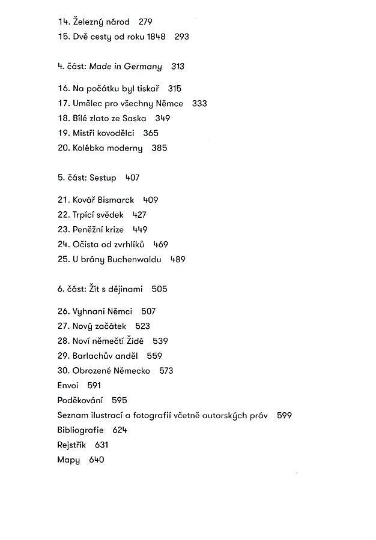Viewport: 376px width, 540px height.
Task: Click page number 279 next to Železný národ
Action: pos(145,22)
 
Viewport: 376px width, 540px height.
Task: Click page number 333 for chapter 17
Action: pos(199,104)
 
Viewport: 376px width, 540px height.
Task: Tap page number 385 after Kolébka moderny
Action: pos(159,148)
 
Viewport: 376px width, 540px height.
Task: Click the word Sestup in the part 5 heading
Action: pos(103,178)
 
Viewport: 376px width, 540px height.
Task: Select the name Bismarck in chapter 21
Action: pos(114,200)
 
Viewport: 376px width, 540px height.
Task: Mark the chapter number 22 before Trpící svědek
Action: pos(63,215)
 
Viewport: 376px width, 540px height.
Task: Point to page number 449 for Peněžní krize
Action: pos(140,230)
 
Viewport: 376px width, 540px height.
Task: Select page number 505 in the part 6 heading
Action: pos(159,289)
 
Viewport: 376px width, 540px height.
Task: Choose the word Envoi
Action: pos(67,385)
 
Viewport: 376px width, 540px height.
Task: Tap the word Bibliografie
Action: pos(80,430)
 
